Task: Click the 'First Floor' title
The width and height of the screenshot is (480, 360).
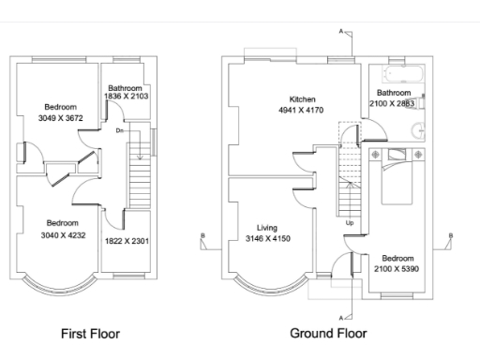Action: click(x=90, y=334)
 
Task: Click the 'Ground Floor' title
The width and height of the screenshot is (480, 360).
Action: click(x=328, y=334)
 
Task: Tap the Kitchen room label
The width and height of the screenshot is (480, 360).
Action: click(x=302, y=99)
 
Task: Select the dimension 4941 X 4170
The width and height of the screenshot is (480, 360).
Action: click(x=301, y=110)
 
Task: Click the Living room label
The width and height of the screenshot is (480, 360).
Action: click(x=267, y=228)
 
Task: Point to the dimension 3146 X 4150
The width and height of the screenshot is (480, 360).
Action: click(x=268, y=239)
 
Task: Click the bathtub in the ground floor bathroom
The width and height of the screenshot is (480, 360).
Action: click(x=403, y=74)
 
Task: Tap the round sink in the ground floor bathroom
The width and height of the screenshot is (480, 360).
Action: click(x=418, y=130)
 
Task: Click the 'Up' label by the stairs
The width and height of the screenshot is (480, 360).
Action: click(x=350, y=223)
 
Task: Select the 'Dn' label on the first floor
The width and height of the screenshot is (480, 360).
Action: click(x=120, y=130)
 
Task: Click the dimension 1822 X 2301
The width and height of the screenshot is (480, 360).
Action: click(x=127, y=241)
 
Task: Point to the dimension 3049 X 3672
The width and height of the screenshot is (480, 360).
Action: click(x=61, y=118)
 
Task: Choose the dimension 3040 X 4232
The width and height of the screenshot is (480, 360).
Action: click(x=63, y=235)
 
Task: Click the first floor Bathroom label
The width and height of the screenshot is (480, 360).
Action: click(x=125, y=88)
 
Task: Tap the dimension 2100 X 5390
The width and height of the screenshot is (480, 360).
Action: click(x=397, y=269)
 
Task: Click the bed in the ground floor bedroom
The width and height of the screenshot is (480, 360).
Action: click(x=397, y=177)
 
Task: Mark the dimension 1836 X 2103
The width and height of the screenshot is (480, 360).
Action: click(x=127, y=97)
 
